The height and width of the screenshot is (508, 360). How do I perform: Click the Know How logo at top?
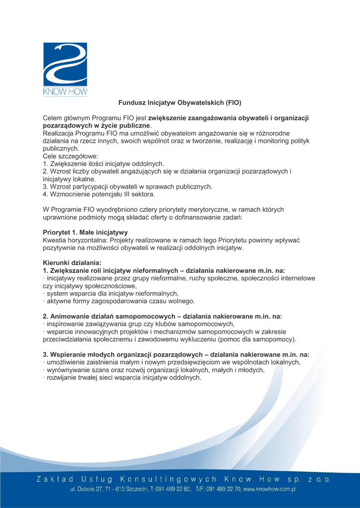tap(65, 69)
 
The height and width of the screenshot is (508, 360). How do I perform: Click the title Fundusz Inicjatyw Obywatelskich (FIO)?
tap(179, 103)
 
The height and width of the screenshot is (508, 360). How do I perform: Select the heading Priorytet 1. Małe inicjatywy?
tap(85, 232)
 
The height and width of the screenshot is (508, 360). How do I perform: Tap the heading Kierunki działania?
tap(72, 262)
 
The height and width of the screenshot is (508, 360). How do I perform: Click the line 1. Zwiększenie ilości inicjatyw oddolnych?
tap(103, 164)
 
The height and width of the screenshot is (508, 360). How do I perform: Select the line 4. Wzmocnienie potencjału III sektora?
tap(99, 194)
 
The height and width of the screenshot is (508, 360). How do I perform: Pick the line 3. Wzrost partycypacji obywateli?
tap(128, 187)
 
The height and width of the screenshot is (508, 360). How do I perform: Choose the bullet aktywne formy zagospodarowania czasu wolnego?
tap(119, 301)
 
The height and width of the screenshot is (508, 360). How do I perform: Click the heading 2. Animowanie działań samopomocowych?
tap(162, 316)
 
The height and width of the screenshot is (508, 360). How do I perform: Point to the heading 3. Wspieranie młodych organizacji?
tap(176, 355)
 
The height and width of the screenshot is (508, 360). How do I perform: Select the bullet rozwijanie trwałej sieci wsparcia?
tap(123, 378)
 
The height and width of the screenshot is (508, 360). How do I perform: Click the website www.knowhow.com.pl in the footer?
tap(270, 489)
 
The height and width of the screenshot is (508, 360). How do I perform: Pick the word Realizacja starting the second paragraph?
tap(59, 133)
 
